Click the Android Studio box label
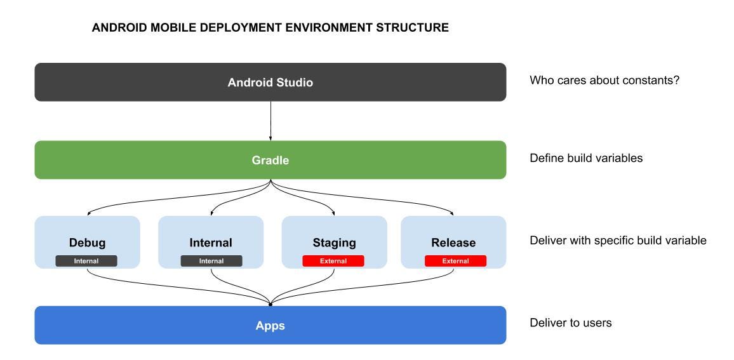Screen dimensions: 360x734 pyautogui.click(x=270, y=83)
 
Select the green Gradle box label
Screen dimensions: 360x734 pyautogui.click(x=270, y=161)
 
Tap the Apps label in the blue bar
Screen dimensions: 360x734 pyautogui.click(x=270, y=326)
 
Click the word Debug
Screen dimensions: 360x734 pyautogui.click(x=87, y=243)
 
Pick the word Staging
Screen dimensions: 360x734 pyautogui.click(x=334, y=243)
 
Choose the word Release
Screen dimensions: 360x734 pyautogui.click(x=453, y=243)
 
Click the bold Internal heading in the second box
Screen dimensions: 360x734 pyautogui.click(x=211, y=243)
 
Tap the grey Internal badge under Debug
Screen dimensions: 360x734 pyautogui.click(x=86, y=261)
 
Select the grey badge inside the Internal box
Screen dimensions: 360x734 pyautogui.click(x=211, y=261)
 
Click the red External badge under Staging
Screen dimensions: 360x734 pyautogui.click(x=333, y=261)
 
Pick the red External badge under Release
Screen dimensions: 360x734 pyautogui.click(x=455, y=261)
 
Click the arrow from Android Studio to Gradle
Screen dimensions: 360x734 pyautogui.click(x=270, y=121)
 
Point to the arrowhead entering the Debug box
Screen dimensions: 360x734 pyautogui.click(x=87, y=214)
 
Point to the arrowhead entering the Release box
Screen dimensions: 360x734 pyautogui.click(x=453, y=214)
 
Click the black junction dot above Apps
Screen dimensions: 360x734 pyautogui.click(x=270, y=304)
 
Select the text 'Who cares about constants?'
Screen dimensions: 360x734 pyautogui.click(x=604, y=82)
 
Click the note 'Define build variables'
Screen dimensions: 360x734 pyautogui.click(x=586, y=158)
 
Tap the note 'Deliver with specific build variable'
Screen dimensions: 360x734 pyautogui.click(x=618, y=241)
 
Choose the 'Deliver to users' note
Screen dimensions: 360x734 pyautogui.click(x=570, y=323)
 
